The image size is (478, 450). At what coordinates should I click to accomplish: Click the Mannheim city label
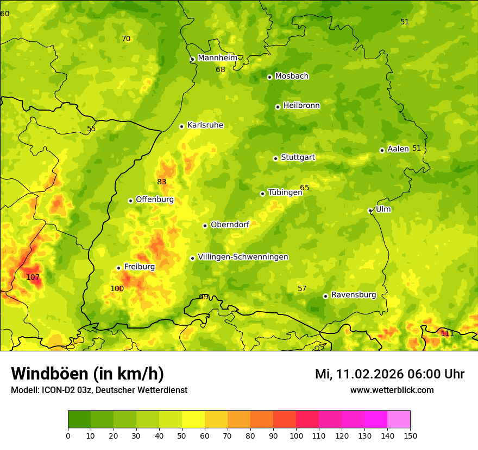(218, 58)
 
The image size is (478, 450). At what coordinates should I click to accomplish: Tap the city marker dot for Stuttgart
(275, 158)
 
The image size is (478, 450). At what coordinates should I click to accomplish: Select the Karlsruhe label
(205, 125)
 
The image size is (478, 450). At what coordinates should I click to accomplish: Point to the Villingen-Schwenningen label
(243, 257)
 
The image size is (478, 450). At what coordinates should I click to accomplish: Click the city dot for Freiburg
(118, 268)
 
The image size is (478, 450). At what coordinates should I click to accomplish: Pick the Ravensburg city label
(353, 295)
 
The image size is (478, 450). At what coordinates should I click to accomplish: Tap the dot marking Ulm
(370, 210)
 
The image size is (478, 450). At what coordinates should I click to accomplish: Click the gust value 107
(33, 277)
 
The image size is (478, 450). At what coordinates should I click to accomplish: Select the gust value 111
(447, 333)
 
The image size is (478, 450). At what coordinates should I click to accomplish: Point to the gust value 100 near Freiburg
(117, 288)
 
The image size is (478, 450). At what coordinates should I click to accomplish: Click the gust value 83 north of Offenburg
(162, 182)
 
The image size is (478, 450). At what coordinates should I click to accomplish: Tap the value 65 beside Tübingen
(305, 188)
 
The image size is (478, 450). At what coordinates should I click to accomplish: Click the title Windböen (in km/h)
(87, 374)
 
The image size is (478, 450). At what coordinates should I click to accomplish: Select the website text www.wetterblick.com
(392, 390)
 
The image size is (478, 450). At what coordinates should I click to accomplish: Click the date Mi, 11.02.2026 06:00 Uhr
(389, 374)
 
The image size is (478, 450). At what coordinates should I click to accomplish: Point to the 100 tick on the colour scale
(296, 436)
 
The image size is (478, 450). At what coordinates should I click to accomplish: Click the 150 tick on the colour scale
(410, 436)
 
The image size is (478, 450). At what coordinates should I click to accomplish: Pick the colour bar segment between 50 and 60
(193, 420)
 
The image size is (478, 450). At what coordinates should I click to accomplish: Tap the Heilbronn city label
(301, 106)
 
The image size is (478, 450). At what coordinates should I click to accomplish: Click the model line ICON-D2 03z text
(99, 390)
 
